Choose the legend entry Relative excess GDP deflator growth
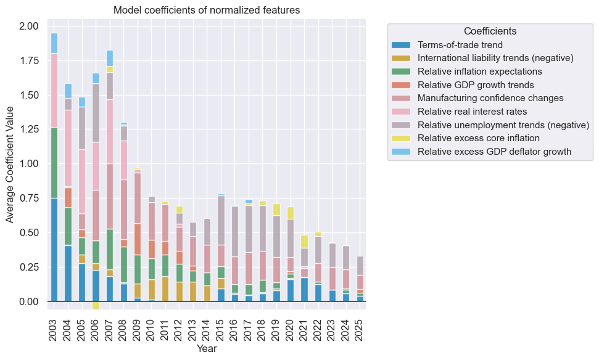tap(494, 152)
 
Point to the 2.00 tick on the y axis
tap(28, 27)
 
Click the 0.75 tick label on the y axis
tap(28, 198)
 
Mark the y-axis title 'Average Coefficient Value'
tap(10, 164)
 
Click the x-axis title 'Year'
tap(206, 349)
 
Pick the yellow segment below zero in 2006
tap(96, 306)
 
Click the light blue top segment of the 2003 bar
tap(54, 43)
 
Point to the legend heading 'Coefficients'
tap(490, 31)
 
